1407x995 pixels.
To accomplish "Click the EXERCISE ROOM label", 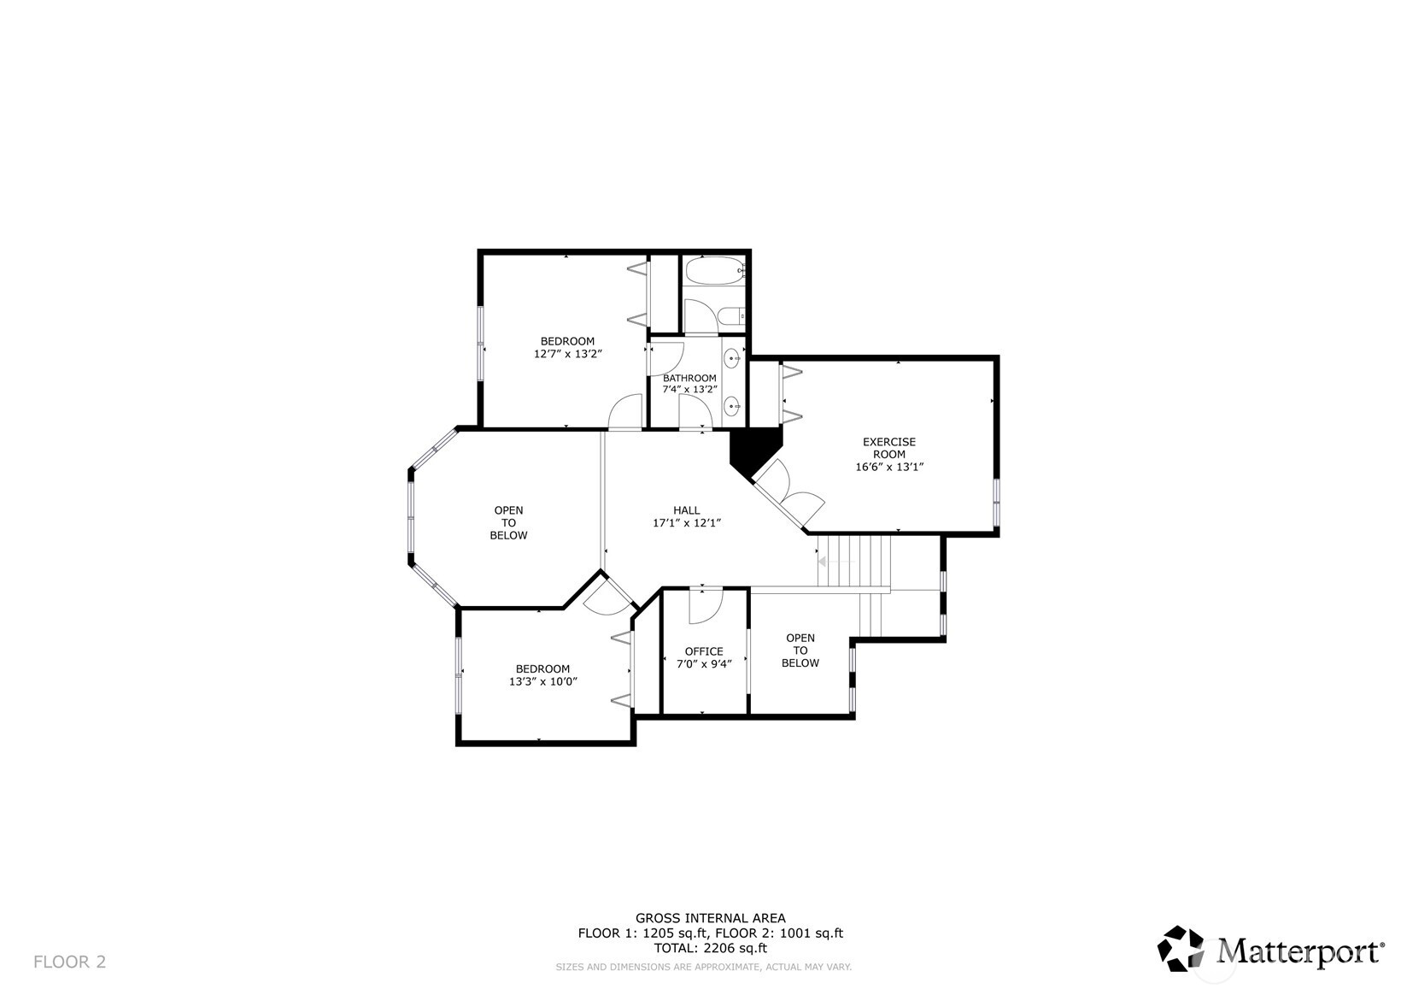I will (x=888, y=448).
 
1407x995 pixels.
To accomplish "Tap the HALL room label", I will (x=686, y=510).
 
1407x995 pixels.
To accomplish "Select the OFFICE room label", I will (x=704, y=651).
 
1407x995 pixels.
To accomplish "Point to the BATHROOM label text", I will (x=689, y=378).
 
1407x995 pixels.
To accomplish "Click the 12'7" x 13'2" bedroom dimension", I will (x=568, y=353).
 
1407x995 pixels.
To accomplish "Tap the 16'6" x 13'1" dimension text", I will (x=889, y=467).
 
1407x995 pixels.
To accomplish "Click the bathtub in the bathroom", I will (x=714, y=272).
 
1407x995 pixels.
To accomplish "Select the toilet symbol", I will (x=732, y=317).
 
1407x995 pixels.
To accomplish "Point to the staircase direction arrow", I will (x=823, y=562).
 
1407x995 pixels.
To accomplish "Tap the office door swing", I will (x=707, y=604).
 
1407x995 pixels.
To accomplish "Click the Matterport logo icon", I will (x=1181, y=949).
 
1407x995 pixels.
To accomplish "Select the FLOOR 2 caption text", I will (x=69, y=962).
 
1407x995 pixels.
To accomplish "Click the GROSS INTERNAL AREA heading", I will (x=710, y=918).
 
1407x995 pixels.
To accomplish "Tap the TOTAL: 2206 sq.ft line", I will (x=710, y=947).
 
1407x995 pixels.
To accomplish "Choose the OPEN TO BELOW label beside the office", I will (x=800, y=651).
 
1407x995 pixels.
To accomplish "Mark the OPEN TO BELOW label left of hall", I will (x=508, y=522).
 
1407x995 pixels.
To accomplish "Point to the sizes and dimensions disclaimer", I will (x=703, y=967).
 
